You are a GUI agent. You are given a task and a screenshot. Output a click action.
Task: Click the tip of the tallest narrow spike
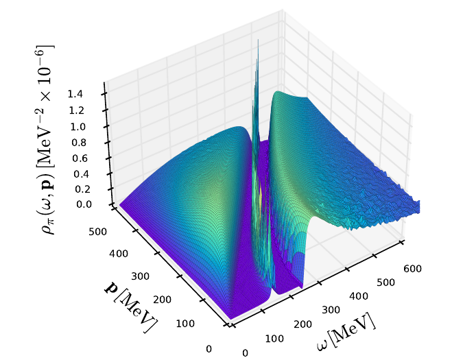click(x=258, y=39)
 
